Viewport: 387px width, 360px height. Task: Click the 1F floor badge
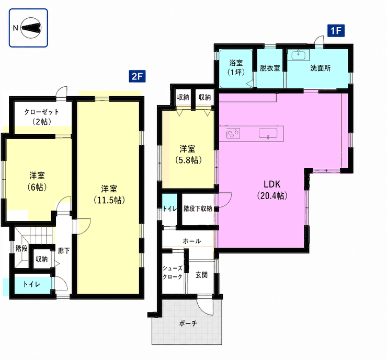[336, 31]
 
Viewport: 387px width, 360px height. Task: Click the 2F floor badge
[137, 76]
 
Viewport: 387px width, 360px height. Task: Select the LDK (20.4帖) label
[272, 190]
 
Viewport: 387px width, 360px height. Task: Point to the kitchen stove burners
[233, 133]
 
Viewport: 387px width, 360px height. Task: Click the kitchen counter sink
[268, 133]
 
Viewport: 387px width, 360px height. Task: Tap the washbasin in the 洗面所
[300, 54]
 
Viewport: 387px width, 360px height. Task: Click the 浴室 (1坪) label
[236, 67]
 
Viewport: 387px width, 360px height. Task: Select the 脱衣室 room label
[270, 68]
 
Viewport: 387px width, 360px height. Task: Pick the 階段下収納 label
[198, 208]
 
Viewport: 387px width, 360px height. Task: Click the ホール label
[192, 241]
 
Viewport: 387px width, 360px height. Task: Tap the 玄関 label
[201, 275]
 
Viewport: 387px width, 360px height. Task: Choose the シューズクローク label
[173, 272]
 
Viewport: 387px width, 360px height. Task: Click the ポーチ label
[188, 323]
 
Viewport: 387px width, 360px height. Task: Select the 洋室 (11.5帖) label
[109, 194]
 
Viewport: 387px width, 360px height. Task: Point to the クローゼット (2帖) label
[42, 117]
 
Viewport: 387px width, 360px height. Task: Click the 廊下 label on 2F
[64, 251]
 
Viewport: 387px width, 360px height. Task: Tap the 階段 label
[21, 248]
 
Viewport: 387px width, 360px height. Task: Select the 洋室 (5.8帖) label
[189, 155]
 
